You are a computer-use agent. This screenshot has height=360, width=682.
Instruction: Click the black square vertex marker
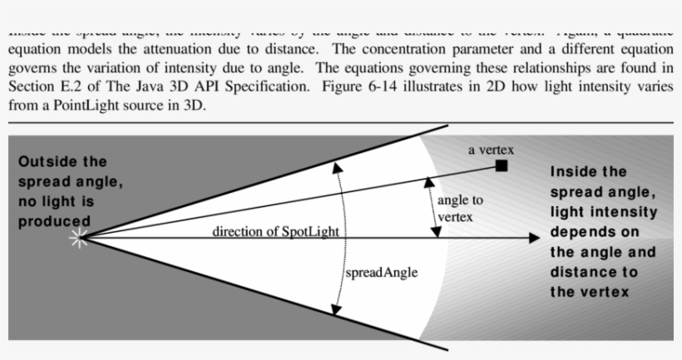[x=501, y=166]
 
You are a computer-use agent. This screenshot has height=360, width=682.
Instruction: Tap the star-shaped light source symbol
[x=80, y=239]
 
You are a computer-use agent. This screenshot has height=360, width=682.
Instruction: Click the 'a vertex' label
[x=492, y=150]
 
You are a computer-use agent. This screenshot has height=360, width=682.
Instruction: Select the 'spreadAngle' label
[x=381, y=273]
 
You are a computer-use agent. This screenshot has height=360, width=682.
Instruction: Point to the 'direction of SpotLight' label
[x=275, y=231]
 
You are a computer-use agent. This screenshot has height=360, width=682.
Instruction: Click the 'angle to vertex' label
[x=460, y=209]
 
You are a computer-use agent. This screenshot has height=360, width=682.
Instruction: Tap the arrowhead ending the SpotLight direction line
[x=534, y=238]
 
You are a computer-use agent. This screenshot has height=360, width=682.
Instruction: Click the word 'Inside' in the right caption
[x=577, y=172]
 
